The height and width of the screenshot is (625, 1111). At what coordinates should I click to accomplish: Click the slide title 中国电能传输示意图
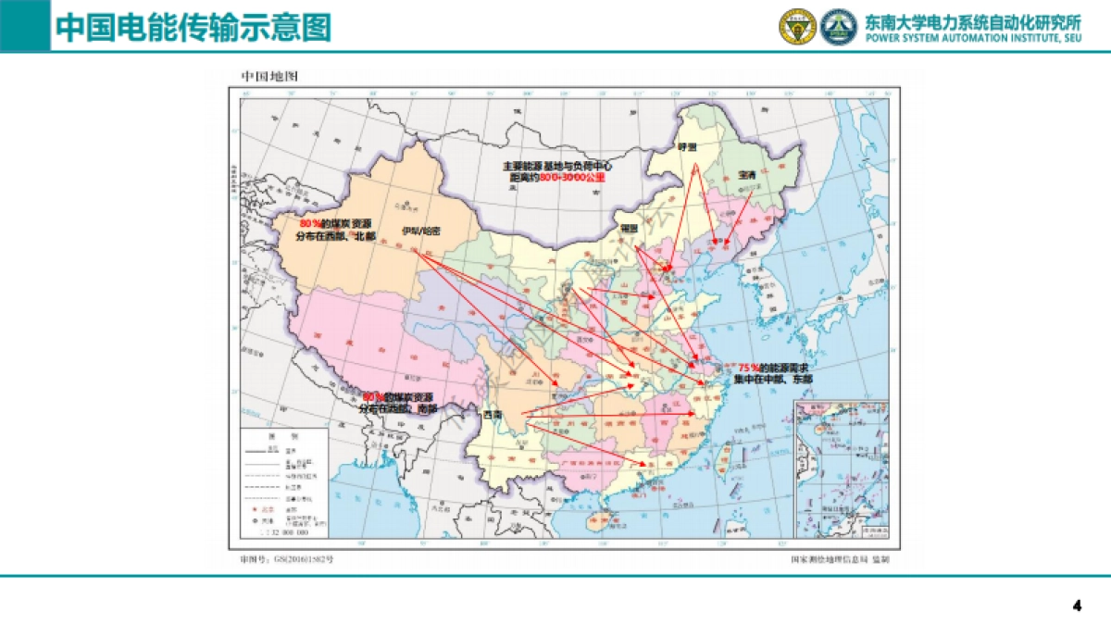193,27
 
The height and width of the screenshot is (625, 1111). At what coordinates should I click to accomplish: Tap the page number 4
1077,606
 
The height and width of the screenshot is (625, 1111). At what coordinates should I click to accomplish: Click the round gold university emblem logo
796,27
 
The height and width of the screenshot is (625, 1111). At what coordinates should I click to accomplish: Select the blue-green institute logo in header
839,27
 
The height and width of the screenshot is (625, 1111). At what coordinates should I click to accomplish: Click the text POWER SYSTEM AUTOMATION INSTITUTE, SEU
972,37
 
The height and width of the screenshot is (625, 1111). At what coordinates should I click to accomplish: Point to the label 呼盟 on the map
686,147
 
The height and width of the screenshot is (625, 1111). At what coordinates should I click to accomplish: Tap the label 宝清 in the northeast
746,174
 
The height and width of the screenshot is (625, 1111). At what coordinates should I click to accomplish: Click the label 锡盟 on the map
630,227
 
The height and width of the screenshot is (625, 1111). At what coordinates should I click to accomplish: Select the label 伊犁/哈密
421,231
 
